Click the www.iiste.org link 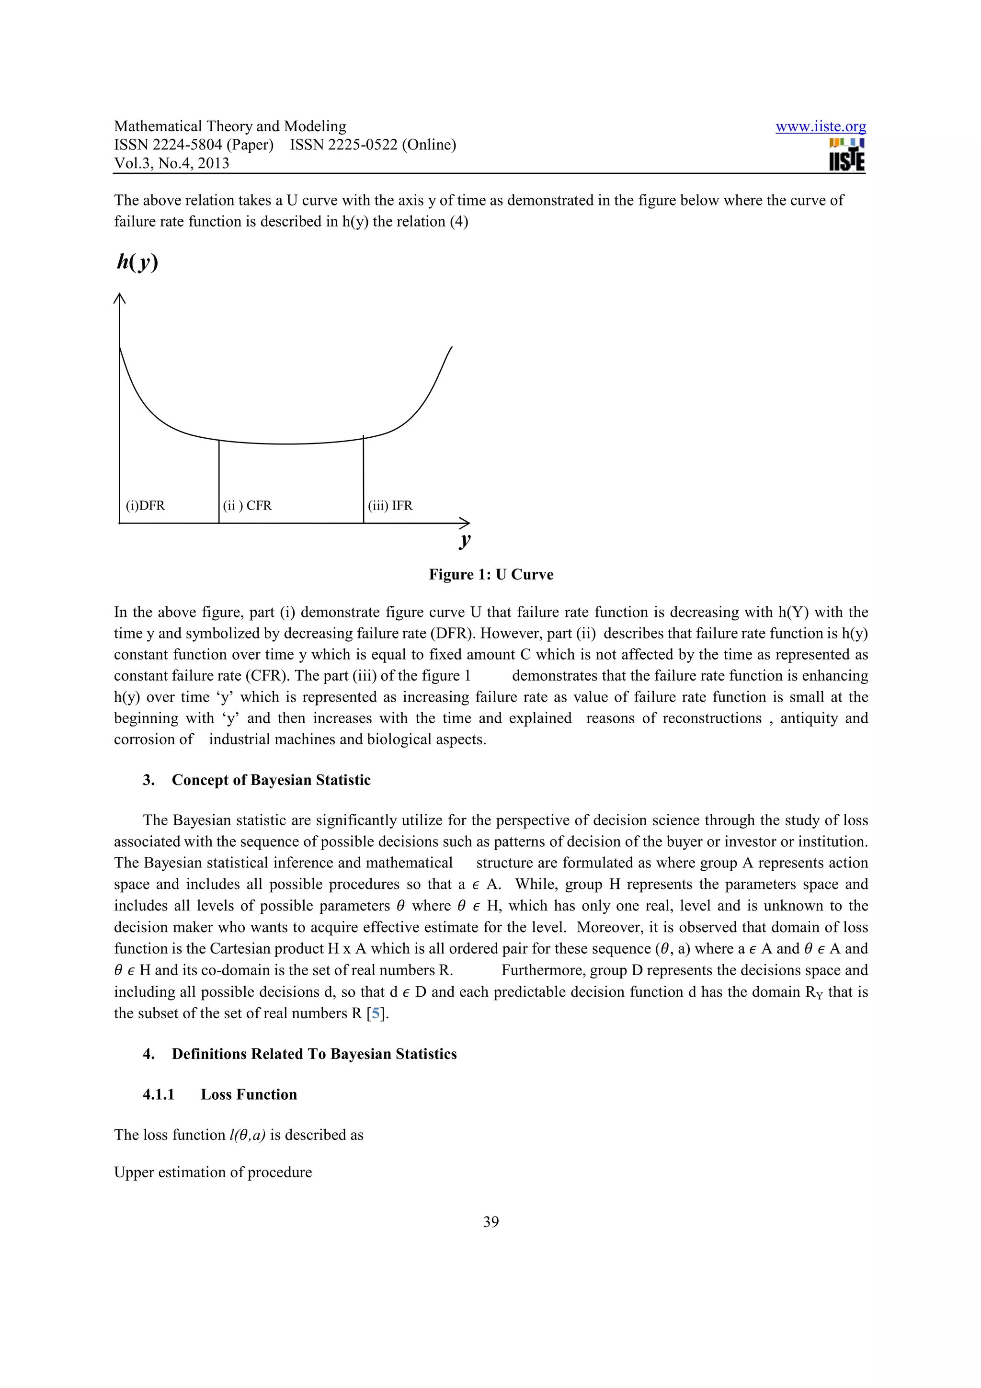[820, 126]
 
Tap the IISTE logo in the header [846, 155]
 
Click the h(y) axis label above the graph [137, 262]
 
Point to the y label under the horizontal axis [464, 539]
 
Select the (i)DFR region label [145, 505]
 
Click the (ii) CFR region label [247, 505]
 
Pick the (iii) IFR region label [390, 505]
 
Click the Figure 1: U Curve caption [491, 574]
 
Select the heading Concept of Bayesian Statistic [271, 780]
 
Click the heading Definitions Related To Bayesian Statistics [314, 1054]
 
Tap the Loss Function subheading [249, 1094]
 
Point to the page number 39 [491, 1222]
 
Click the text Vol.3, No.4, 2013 [171, 163]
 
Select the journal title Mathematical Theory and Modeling [230, 126]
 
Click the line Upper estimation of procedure [213, 1172]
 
